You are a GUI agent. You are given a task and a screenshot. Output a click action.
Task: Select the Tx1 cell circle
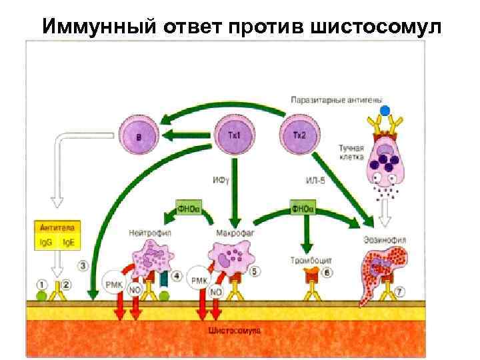click(x=234, y=135)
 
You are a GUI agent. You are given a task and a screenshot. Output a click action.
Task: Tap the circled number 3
click(x=83, y=266)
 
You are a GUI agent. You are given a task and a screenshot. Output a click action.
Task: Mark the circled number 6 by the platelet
click(x=327, y=272)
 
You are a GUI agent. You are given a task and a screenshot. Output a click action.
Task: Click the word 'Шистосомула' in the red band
click(x=235, y=330)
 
